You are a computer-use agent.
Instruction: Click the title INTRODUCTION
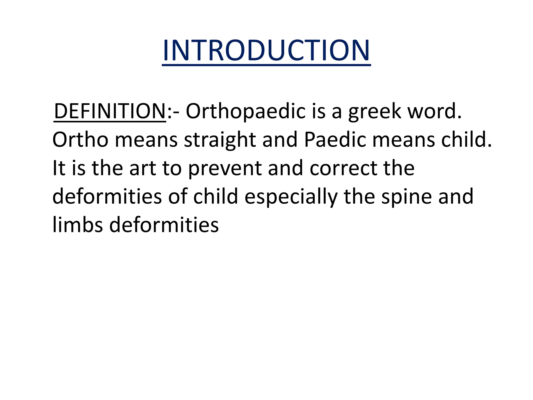pos(266,50)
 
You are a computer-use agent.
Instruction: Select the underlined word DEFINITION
pos(110,111)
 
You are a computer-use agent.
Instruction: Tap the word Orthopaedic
pos(245,111)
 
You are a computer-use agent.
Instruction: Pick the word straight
pos(220,140)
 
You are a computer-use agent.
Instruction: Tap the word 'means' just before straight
pos(146,140)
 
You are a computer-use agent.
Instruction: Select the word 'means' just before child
pos(404,140)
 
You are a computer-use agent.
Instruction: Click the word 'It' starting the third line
pos(59,168)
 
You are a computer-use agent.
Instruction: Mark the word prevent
pos(225,168)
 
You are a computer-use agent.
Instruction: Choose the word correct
pos(343,168)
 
